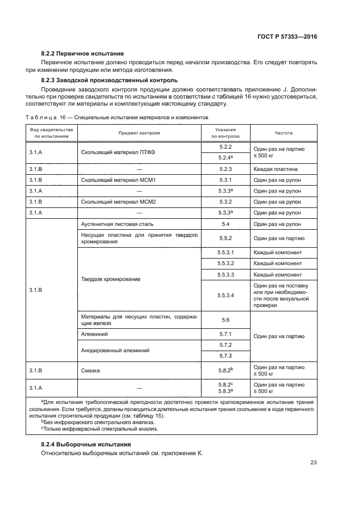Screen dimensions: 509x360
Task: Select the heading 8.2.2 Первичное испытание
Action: [x=83, y=53]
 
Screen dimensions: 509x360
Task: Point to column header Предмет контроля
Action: [x=139, y=132]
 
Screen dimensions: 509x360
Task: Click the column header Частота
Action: [x=283, y=132]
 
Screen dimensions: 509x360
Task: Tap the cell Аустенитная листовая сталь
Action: [x=117, y=224]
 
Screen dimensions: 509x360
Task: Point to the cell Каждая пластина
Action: [x=274, y=169]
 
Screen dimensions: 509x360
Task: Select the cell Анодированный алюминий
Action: [x=115, y=351]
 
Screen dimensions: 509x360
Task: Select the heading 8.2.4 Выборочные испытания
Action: [x=82, y=444]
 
